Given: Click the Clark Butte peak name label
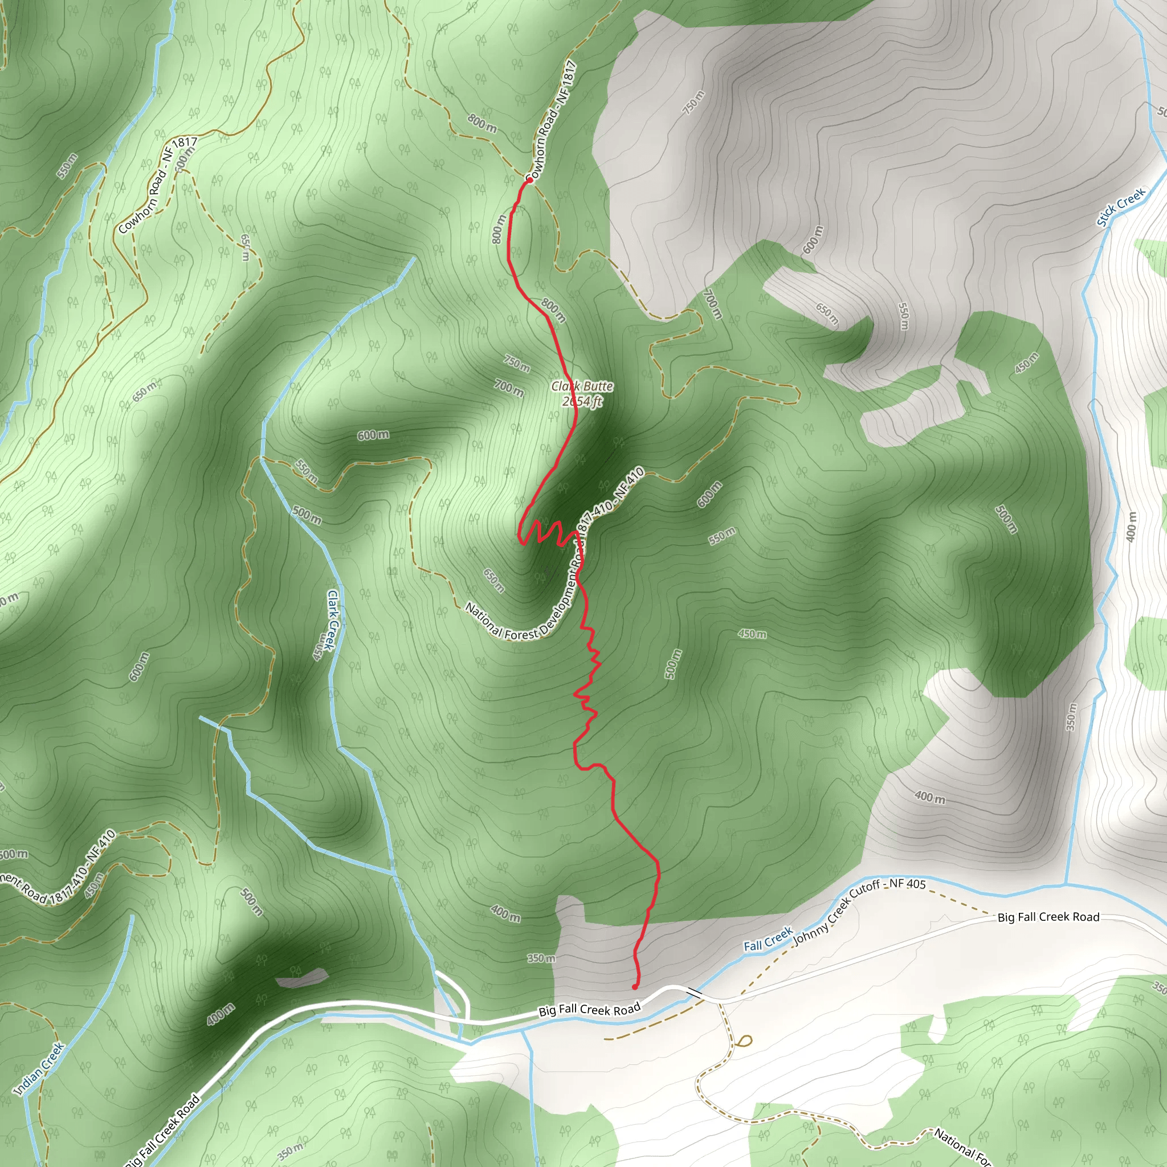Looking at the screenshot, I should point(582,386).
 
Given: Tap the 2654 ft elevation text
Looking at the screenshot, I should point(582,401).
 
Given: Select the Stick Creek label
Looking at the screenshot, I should point(1121,207).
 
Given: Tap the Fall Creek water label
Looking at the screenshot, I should point(768,940).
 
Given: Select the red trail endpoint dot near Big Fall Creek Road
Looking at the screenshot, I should point(634,987).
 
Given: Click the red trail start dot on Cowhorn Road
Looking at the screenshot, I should point(529,180).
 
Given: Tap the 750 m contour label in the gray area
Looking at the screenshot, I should point(693,103).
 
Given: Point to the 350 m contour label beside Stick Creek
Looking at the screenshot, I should point(1071,717).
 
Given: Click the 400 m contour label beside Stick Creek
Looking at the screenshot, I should point(1131,526).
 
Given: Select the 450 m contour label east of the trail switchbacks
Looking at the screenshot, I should point(752,634).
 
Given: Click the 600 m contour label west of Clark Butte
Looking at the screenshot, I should point(373,435).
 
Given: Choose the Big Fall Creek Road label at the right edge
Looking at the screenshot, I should point(1048,917).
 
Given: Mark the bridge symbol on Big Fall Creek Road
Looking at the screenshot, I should point(694,993).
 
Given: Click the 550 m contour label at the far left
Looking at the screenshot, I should point(68,166).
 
